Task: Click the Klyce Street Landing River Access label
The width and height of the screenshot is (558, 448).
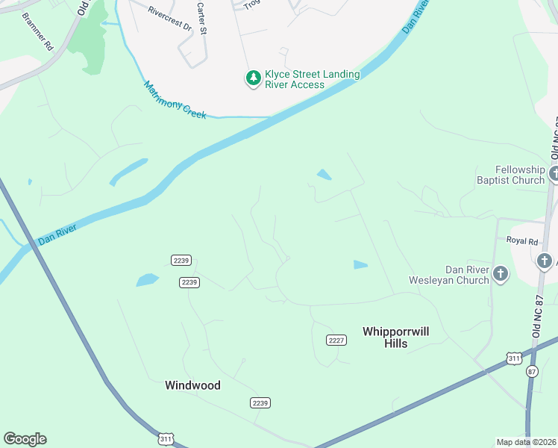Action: [x=313, y=79]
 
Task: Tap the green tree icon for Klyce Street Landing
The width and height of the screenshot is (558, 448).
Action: [x=254, y=78]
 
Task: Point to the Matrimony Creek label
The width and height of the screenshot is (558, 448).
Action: [x=175, y=100]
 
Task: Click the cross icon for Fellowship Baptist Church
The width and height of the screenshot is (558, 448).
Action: [x=554, y=175]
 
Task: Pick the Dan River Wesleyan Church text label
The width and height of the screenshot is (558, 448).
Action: [x=446, y=275]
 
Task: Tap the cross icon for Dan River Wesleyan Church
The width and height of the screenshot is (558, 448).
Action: [x=500, y=275]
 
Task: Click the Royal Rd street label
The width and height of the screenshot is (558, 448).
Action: [x=522, y=241]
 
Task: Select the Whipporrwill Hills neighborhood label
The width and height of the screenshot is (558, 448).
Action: [x=395, y=337]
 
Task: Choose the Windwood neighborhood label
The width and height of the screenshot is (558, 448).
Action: [x=192, y=385]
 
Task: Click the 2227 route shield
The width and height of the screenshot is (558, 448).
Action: [x=336, y=340]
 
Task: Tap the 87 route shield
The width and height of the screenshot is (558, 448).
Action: [x=531, y=371]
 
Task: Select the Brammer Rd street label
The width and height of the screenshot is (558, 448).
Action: [x=37, y=31]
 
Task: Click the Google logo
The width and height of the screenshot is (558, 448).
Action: [x=25, y=439]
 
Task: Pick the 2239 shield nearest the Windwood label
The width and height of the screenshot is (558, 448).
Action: [x=259, y=402]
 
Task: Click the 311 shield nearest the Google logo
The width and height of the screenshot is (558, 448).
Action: [x=166, y=440]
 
